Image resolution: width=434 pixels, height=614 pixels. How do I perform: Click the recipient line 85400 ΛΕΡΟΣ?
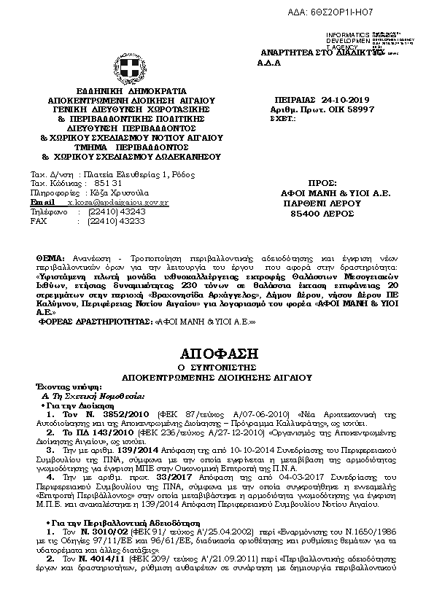click(322, 214)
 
